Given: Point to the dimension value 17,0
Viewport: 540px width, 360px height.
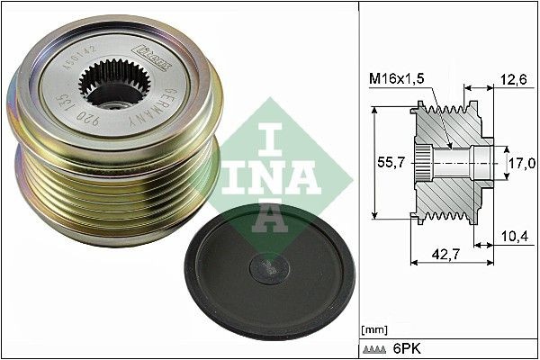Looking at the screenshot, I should [522, 163].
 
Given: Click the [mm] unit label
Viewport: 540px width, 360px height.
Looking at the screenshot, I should [372, 329].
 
